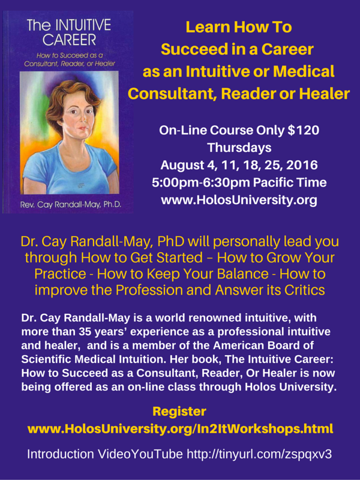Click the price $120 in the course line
pos(304,130)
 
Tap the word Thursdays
pos(239,148)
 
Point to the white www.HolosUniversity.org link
pos(239,200)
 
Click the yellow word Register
pos(179,412)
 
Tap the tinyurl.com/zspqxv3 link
pos(259,454)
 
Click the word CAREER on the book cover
pos(69,40)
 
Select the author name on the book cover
pos(71,205)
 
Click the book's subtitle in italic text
pos(70,59)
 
